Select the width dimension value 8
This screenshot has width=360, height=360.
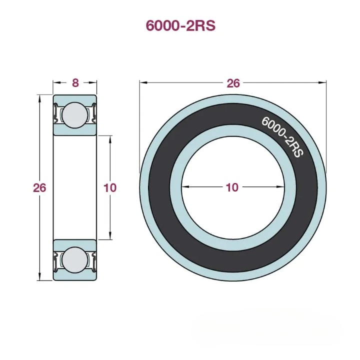[75, 83]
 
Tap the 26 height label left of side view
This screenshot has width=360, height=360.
[39, 187]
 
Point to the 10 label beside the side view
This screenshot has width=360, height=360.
[109, 187]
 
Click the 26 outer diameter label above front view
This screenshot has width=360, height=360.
[233, 83]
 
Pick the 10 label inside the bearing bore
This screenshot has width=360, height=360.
[232, 187]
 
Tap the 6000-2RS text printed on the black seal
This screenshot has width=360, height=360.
[282, 137]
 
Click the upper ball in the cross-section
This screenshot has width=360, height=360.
[74, 113]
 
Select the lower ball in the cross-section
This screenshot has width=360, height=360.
[74, 259]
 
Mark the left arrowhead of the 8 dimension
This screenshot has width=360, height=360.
[56, 83]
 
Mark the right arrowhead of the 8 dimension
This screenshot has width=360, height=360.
[93, 83]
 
